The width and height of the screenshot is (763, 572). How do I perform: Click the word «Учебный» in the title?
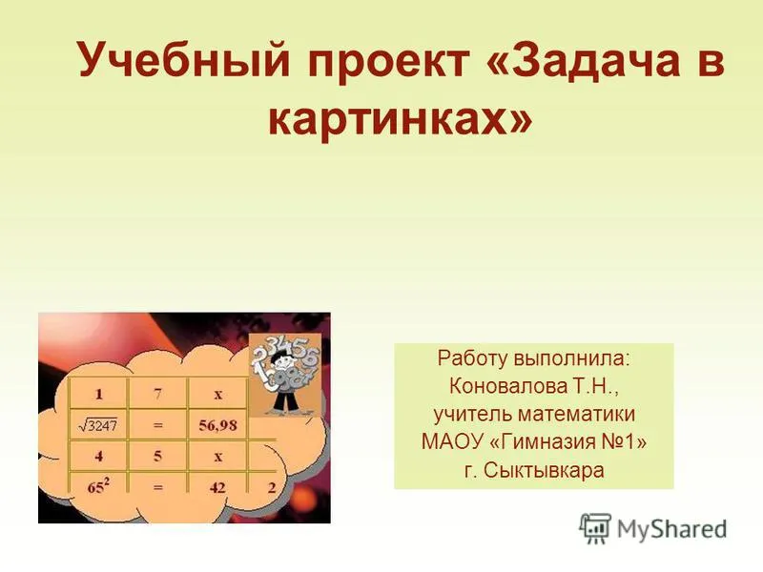(184, 60)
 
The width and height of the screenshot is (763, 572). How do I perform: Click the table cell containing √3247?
(98, 425)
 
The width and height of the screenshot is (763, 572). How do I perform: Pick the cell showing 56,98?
(217, 425)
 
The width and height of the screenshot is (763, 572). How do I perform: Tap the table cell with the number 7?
(157, 393)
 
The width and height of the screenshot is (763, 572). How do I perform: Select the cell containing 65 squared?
(98, 486)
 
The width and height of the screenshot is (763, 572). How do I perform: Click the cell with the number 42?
(217, 487)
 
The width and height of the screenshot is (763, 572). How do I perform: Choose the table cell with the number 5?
(157, 457)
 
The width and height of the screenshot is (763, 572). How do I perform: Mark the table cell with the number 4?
(99, 457)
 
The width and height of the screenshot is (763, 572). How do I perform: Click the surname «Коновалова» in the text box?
(507, 386)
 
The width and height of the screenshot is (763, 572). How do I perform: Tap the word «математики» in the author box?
(577, 415)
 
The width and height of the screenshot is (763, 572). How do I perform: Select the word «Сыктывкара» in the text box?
(544, 470)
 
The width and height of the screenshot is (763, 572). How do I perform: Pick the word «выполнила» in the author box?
(571, 358)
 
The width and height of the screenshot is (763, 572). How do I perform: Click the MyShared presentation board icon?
(595, 528)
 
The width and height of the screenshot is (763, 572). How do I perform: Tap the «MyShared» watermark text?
(672, 529)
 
